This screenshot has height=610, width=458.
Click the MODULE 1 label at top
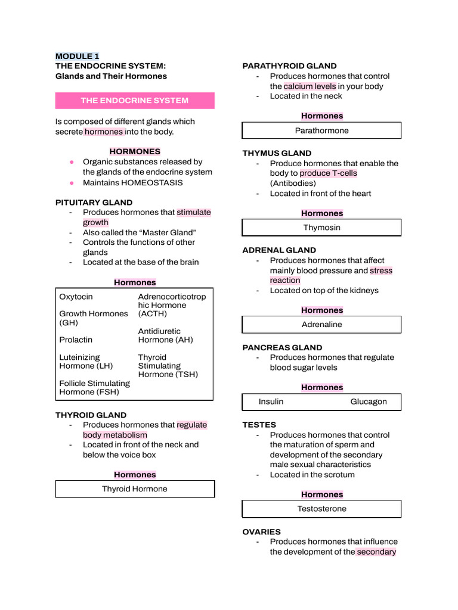[77, 56]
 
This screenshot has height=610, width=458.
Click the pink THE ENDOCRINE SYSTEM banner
[135, 101]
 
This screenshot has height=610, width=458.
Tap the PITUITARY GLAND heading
[94, 203]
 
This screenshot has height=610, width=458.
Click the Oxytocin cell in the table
[76, 297]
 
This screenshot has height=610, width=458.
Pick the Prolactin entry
[76, 340]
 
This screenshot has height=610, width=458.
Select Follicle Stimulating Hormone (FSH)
[94, 388]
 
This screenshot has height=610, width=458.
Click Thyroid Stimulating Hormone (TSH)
[168, 366]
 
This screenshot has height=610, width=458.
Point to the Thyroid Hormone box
[135, 489]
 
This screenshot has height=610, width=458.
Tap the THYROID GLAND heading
[91, 415]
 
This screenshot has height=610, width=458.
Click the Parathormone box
[321, 130]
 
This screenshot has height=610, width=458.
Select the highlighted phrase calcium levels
[310, 86]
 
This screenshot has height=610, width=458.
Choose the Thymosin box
[321, 228]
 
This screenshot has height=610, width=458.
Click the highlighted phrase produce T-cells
[329, 173]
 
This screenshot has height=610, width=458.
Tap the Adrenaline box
[321, 325]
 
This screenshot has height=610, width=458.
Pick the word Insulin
[271, 402]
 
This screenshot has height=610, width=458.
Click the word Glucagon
[368, 402]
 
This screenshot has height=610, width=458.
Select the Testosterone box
[321, 509]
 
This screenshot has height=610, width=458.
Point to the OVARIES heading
[261, 532]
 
